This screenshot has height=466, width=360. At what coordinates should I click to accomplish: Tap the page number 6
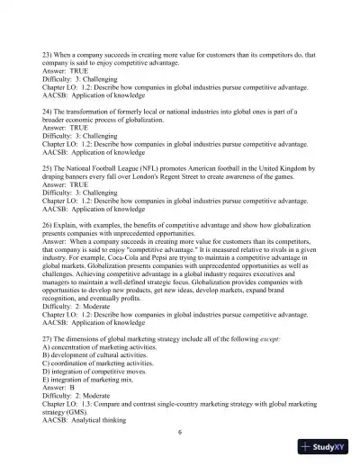click(x=180, y=432)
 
